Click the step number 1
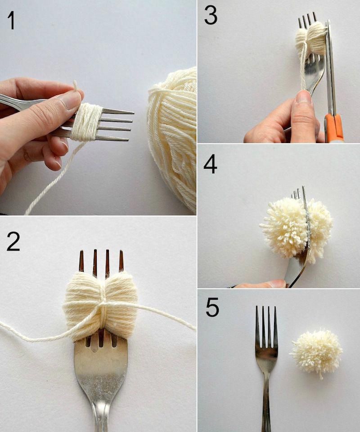(11, 20)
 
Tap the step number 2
(13, 241)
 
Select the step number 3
(211, 15)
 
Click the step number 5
(212, 307)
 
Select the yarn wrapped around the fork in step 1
(86, 121)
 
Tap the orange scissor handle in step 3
(334, 127)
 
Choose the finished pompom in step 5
(317, 351)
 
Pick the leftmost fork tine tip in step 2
(81, 251)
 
